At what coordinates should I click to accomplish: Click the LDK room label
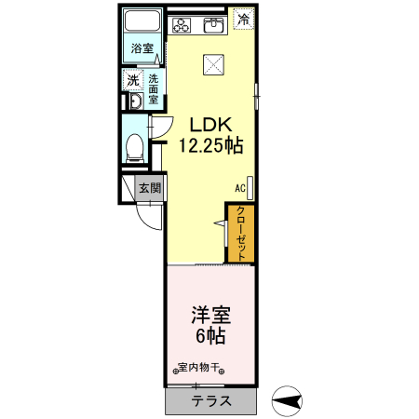(211, 124)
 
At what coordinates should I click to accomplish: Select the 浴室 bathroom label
(142, 47)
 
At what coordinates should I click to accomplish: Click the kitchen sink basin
(213, 22)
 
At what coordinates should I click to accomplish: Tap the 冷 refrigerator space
(244, 19)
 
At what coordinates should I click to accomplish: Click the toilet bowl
(135, 145)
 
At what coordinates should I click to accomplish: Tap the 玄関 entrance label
(150, 187)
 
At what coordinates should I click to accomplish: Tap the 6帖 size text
(211, 336)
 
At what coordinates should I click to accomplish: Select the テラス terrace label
(211, 402)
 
